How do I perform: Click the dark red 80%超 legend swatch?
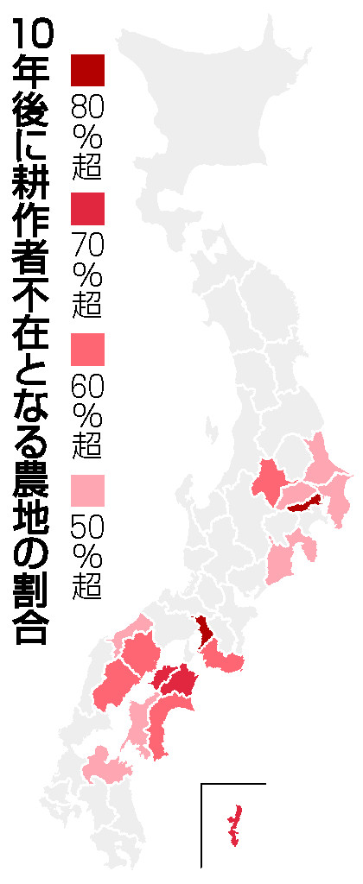pyautogui.click(x=87, y=69)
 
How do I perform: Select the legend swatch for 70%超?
pyautogui.click(x=87, y=209)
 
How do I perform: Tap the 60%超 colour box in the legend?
pyautogui.click(x=87, y=349)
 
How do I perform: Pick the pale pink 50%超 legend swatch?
pyautogui.click(x=87, y=490)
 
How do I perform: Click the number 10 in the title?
pyautogui.click(x=33, y=38)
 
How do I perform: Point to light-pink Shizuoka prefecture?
pyautogui.click(x=281, y=561)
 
